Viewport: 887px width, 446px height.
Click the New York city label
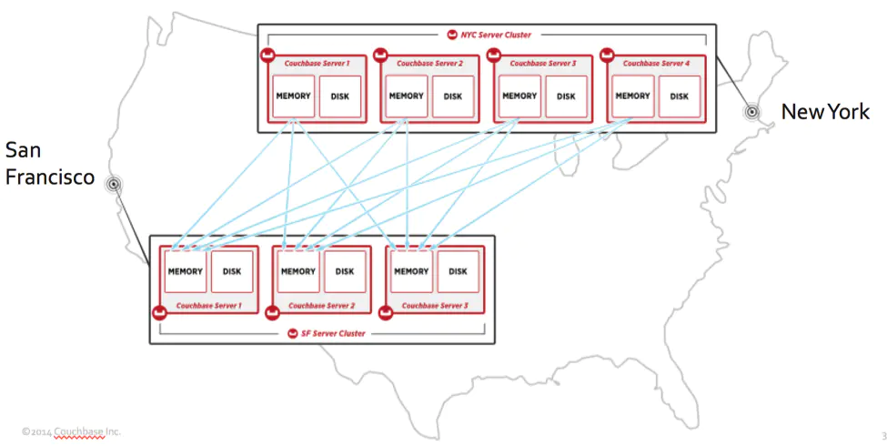(x=825, y=112)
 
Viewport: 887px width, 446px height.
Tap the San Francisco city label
(x=50, y=164)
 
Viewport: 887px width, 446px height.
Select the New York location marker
(x=751, y=112)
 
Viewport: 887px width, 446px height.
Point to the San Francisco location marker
(x=114, y=183)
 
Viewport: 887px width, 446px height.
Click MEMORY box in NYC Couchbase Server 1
(x=293, y=96)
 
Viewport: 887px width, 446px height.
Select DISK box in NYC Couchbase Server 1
(x=340, y=96)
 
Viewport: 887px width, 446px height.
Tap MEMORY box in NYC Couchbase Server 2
(x=406, y=96)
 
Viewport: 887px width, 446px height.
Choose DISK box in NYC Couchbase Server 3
(x=566, y=96)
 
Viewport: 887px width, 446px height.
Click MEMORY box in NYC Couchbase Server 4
(x=633, y=96)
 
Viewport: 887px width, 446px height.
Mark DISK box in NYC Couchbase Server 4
(x=680, y=96)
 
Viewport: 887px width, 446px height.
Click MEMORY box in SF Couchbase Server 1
(x=185, y=271)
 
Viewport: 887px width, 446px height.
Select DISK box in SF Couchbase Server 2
(x=345, y=271)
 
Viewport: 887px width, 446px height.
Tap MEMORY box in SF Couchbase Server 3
(x=411, y=271)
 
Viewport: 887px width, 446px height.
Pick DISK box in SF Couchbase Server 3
(x=458, y=271)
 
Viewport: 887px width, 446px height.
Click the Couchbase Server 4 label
(x=656, y=64)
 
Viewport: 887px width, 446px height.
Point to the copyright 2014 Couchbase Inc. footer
(x=71, y=431)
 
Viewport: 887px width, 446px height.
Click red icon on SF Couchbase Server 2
(x=273, y=312)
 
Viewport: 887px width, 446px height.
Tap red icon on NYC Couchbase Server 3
(x=494, y=56)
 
